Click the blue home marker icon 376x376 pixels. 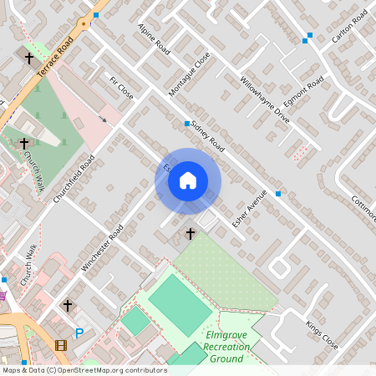[x=188, y=180]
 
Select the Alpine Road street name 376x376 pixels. [x=155, y=39]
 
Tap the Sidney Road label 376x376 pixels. [x=208, y=136]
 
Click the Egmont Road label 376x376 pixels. [x=303, y=93]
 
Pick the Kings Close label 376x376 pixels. [x=322, y=333]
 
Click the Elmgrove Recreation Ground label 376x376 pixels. [x=225, y=346]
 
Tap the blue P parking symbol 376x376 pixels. [x=80, y=333]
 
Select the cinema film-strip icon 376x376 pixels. [x=60, y=344]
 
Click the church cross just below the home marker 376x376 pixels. [x=190, y=233]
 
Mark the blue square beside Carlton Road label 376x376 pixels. [x=308, y=36]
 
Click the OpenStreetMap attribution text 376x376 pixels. [x=84, y=370]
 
